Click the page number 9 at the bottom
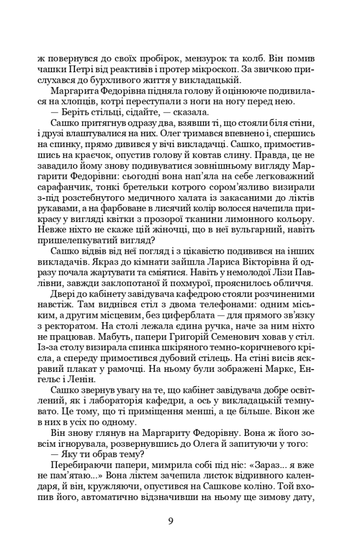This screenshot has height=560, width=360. (171, 520)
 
